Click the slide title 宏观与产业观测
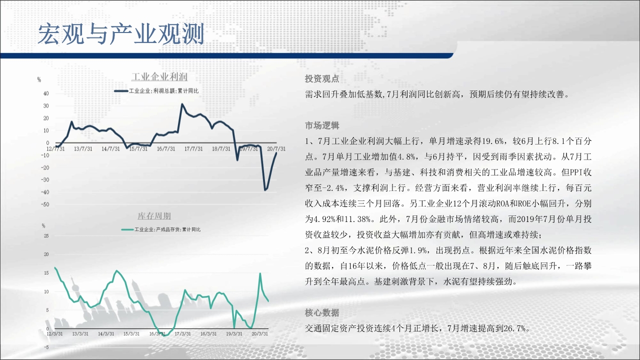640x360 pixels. tap(121, 34)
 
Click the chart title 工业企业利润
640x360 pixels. tap(159, 76)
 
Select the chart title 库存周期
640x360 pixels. tap(154, 215)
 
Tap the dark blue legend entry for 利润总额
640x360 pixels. tap(156, 91)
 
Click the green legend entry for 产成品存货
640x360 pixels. tap(161, 229)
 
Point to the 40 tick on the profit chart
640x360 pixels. tap(46, 93)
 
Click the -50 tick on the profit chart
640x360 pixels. tap(45, 204)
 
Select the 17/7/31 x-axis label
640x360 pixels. tap(193, 149)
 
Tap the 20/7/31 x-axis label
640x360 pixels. tap(276, 149)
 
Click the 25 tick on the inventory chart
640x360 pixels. tap(46, 235)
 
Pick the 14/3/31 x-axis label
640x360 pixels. tap(106, 333)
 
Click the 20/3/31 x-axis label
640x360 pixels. tap(259, 333)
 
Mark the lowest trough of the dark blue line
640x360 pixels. tap(265, 190)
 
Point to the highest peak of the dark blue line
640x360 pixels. tap(182, 104)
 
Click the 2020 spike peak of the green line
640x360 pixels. tap(260, 273)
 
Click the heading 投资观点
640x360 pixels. tap(322, 78)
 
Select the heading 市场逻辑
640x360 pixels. tap(322, 125)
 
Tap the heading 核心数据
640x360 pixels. tap(322, 313)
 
